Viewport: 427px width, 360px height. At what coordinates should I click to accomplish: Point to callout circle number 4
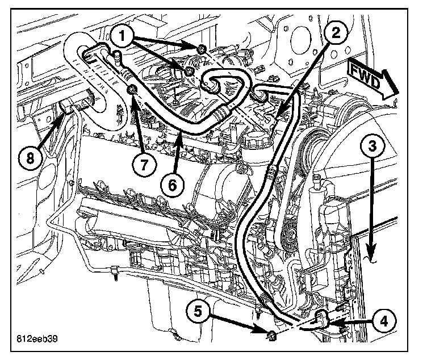[384, 321]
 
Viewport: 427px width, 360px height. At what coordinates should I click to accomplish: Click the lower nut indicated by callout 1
[187, 71]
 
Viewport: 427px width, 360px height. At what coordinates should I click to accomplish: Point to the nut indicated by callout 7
[132, 90]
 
